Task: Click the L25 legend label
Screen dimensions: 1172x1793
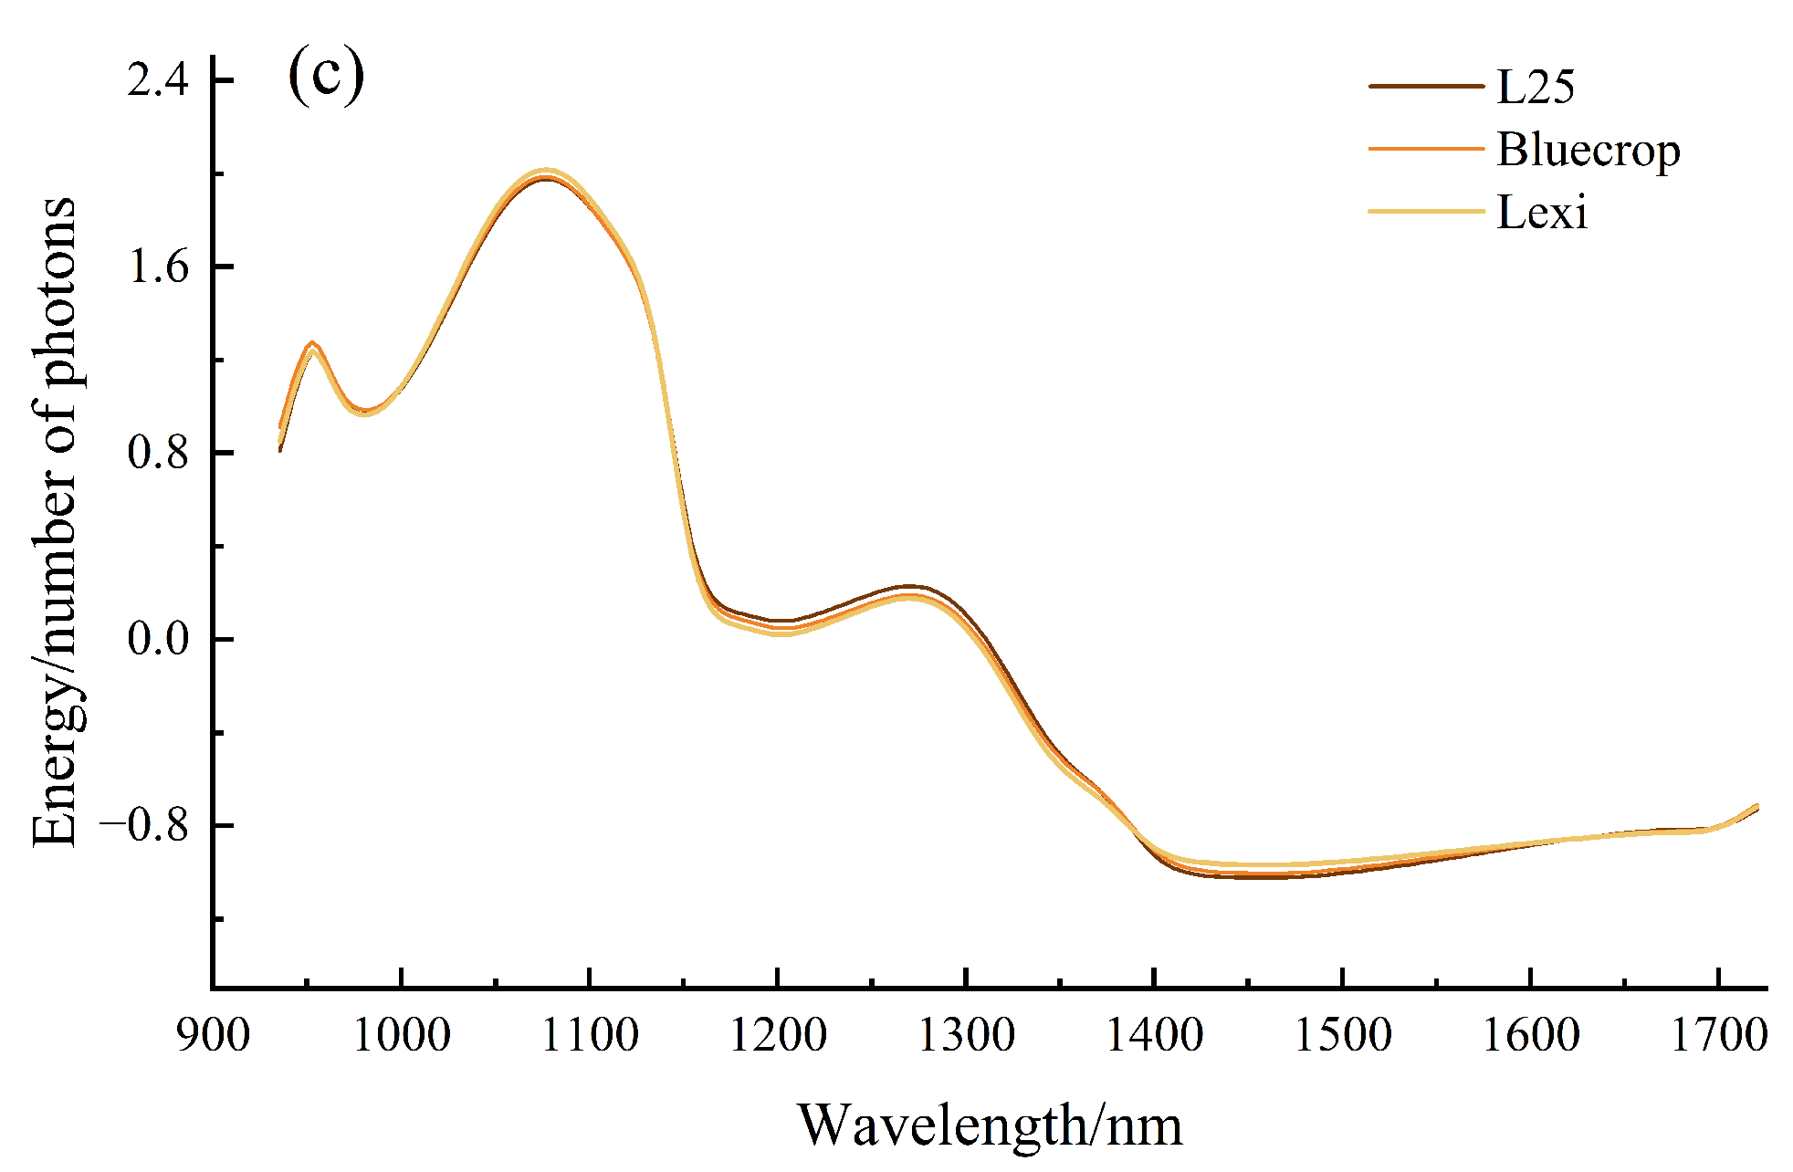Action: tap(1536, 87)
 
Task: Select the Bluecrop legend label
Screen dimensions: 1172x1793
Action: tap(1588, 150)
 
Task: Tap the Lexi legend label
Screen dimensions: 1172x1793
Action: tap(1542, 213)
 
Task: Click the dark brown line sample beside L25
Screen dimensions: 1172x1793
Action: tap(1426, 87)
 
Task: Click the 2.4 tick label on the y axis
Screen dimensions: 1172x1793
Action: tap(158, 80)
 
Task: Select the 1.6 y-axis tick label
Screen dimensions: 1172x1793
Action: tap(158, 267)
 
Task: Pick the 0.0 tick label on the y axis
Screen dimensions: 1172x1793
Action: tap(158, 638)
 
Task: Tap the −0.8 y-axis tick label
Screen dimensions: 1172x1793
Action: tap(143, 825)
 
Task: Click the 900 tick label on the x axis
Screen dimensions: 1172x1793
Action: tap(214, 1036)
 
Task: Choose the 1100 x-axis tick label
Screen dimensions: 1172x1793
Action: tap(590, 1036)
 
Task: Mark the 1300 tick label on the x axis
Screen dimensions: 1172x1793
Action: tap(966, 1036)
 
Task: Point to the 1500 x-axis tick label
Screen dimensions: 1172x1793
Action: tap(1342, 1036)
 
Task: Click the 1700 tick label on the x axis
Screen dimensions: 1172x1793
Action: tap(1718, 1036)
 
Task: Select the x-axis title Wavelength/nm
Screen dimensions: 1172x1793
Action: tap(990, 1125)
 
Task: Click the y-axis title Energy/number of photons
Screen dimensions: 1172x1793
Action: tap(55, 522)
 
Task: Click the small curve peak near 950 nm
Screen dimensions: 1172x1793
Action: tap(312, 345)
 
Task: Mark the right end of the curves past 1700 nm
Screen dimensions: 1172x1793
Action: tap(1756, 808)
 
